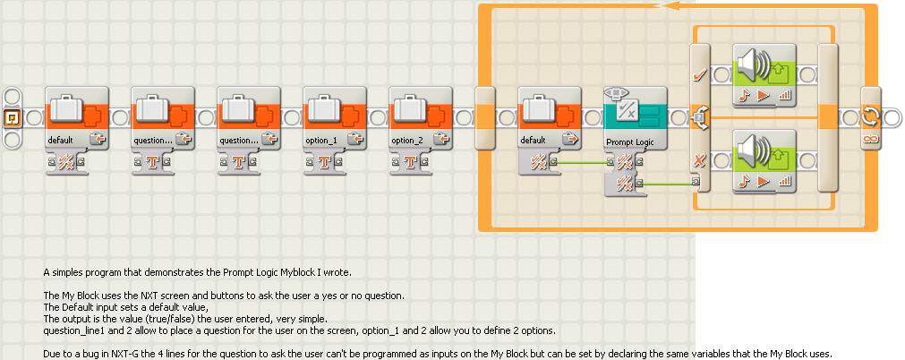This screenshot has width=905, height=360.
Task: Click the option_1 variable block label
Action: coord(321,141)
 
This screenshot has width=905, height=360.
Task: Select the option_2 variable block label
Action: coord(407,141)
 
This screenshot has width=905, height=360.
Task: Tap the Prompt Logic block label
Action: coord(627,141)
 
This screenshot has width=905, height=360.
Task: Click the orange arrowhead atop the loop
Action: coord(666,5)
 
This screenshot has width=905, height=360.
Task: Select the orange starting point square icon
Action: coord(13,116)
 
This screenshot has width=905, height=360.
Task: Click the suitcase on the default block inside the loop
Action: coord(538,109)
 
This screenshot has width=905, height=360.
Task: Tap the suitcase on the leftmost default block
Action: coord(65,109)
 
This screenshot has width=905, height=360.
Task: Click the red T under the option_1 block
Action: coord(323,162)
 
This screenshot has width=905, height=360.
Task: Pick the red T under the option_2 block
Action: coord(409,162)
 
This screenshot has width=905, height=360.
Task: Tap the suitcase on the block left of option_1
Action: coord(237,109)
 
